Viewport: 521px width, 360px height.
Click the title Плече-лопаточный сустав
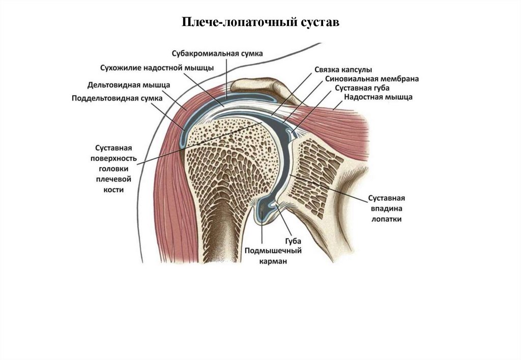pyautogui.click(x=260, y=23)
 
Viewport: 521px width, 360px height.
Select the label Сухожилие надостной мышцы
pyautogui.click(x=156, y=68)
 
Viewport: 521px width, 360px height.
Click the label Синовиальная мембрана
pyautogui.click(x=371, y=79)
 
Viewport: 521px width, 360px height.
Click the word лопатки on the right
pyautogui.click(x=387, y=219)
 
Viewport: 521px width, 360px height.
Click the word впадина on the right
pyautogui.click(x=387, y=208)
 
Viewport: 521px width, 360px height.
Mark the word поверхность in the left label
pyautogui.click(x=114, y=158)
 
